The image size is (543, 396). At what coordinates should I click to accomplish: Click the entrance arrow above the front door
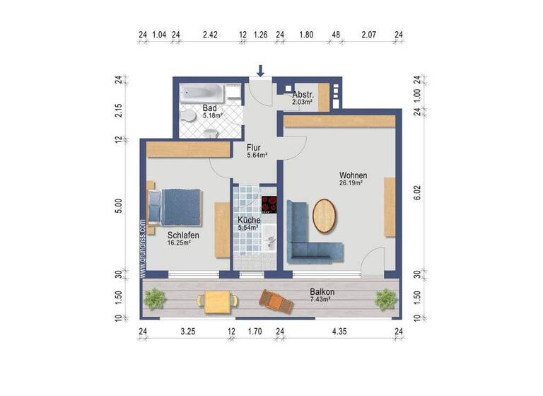click(261, 71)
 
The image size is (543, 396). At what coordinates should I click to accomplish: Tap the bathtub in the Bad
click(202, 93)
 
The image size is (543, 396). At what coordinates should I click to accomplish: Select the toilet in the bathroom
click(187, 117)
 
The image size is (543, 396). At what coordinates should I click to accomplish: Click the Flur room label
click(254, 148)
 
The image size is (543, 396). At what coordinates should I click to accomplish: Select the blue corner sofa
click(311, 233)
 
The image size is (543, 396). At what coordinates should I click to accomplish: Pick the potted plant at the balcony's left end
click(153, 300)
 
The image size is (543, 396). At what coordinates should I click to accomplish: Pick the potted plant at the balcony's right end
click(384, 300)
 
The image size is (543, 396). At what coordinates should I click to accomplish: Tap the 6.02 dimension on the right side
click(416, 193)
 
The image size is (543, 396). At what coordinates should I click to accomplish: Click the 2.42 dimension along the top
click(209, 34)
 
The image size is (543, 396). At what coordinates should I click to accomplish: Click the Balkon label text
click(322, 292)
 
